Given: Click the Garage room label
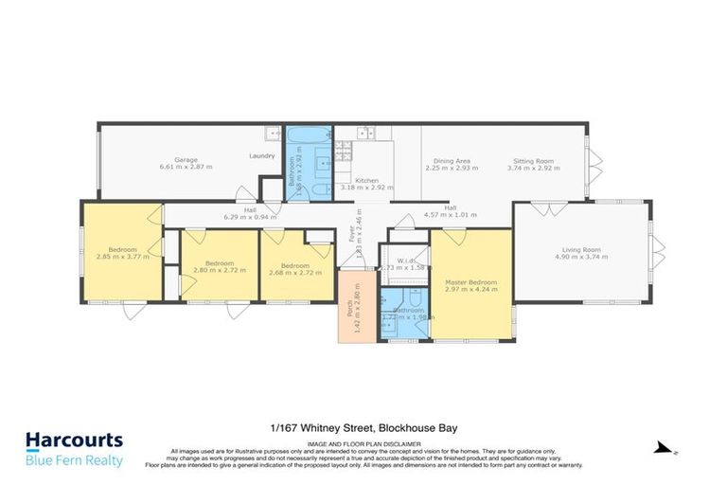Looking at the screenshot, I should tap(185, 159).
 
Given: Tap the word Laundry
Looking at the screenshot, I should tap(262, 156).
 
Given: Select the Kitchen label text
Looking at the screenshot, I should tap(366, 180).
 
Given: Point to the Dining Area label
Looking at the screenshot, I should tap(452, 161).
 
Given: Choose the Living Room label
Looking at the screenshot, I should tap(577, 250).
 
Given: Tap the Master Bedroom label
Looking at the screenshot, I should tap(470, 281).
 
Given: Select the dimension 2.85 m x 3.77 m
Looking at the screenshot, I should tap(122, 256).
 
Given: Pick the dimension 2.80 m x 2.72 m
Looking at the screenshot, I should tap(219, 270).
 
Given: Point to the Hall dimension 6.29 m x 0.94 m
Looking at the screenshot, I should tap(250, 217).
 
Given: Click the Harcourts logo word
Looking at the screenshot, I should tap(74, 440).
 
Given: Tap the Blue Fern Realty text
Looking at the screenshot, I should tap(74, 460).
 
